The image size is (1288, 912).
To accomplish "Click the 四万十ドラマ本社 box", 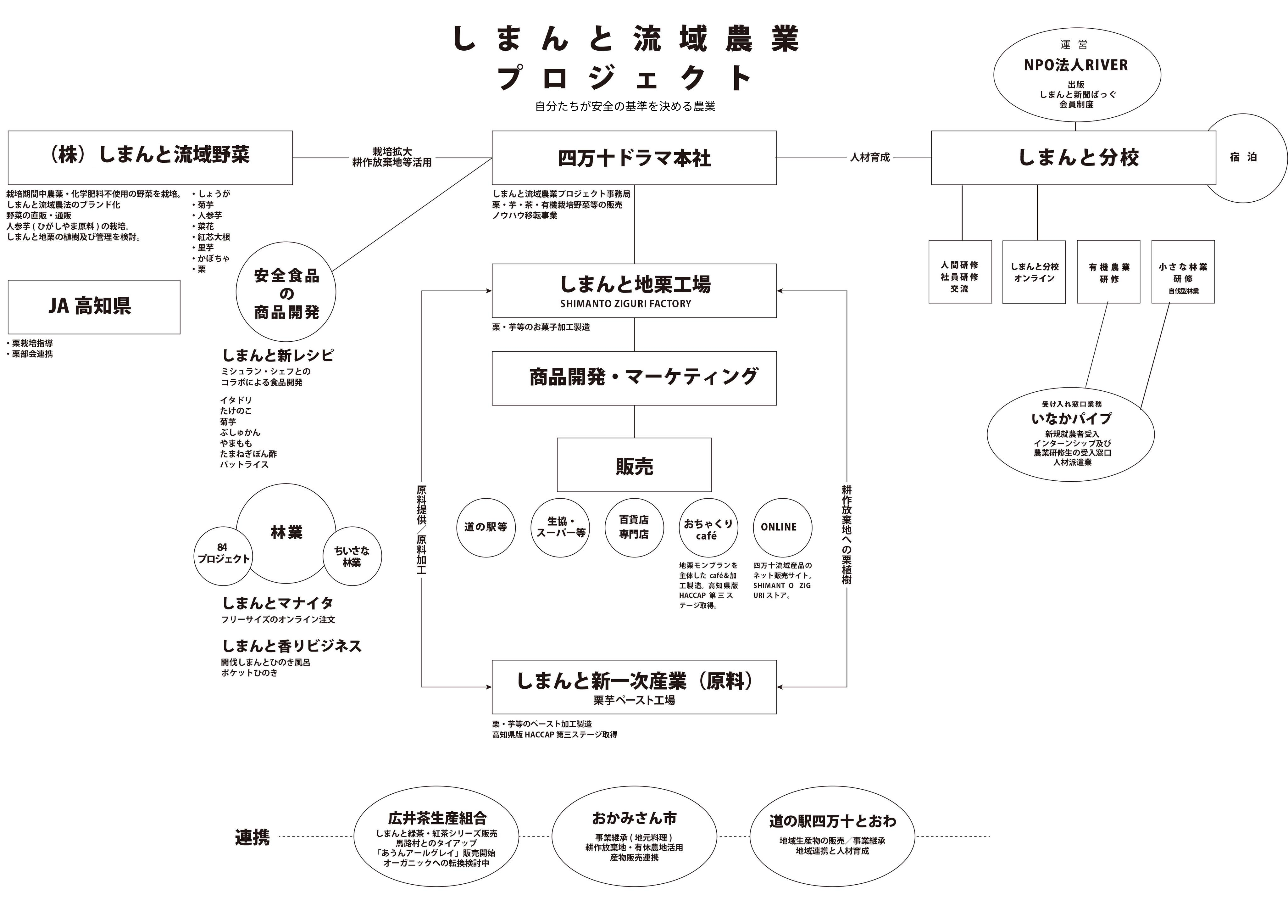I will coord(634,158).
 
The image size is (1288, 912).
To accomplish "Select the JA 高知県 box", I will coord(94,307).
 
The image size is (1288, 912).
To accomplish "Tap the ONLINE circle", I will coord(782,527).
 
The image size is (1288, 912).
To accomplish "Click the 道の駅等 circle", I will coord(486,527).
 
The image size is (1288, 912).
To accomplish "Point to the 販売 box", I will coord(634,465).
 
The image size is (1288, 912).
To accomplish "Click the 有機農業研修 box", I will coord(1108,272).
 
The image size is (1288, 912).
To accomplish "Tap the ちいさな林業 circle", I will coord(352,557).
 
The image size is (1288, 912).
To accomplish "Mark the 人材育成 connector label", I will coord(869,158).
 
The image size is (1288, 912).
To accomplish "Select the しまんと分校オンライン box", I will coord(1034,272).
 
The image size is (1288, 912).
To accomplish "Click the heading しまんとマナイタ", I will coord(278,603).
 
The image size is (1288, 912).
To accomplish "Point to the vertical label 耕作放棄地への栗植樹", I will coord(846,534).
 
